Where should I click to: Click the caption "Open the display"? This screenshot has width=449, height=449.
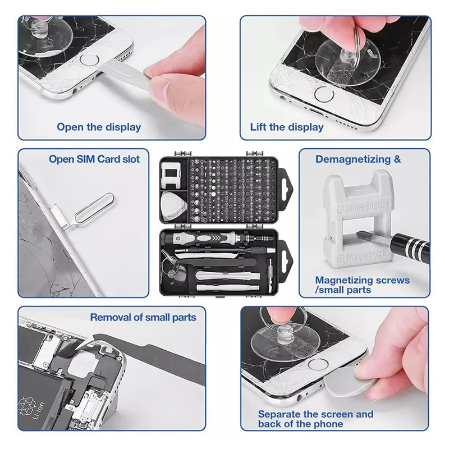point(99,127)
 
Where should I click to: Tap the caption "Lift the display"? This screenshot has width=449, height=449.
point(287,127)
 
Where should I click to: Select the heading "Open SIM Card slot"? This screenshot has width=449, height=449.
point(94,159)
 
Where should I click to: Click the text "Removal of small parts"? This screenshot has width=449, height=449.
point(143,317)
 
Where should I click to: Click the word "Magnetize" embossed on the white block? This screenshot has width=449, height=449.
point(366,255)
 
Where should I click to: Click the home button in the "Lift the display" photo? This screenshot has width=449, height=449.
point(324,94)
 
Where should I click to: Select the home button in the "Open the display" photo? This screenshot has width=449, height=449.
point(90,60)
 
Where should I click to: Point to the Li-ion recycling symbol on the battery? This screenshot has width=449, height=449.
point(26,406)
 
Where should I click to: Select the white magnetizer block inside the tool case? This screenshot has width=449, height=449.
point(171,175)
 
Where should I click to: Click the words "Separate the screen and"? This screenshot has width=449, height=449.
point(315,414)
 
